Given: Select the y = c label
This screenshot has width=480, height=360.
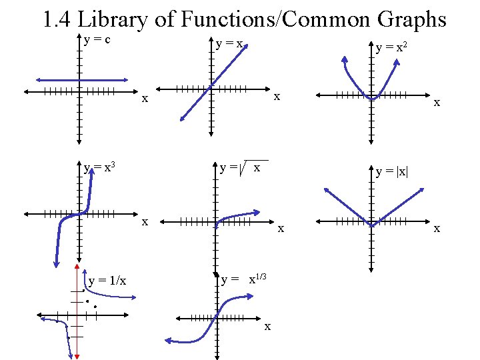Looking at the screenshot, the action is tap(97, 39).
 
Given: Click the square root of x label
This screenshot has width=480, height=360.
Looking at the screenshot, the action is tap(244, 168).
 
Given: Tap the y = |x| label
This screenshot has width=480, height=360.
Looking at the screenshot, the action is tap(392, 171).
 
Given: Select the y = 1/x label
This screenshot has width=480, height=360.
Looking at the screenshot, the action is tap(107, 280).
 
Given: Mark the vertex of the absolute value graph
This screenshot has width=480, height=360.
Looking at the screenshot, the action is tap(371, 225).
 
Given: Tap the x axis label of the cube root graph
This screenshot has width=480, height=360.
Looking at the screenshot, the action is tap(267, 326).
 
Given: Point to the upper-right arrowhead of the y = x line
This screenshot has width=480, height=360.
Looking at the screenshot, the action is tap(253, 41).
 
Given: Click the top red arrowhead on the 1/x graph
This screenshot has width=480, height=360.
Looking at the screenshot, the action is tap(75, 272).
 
